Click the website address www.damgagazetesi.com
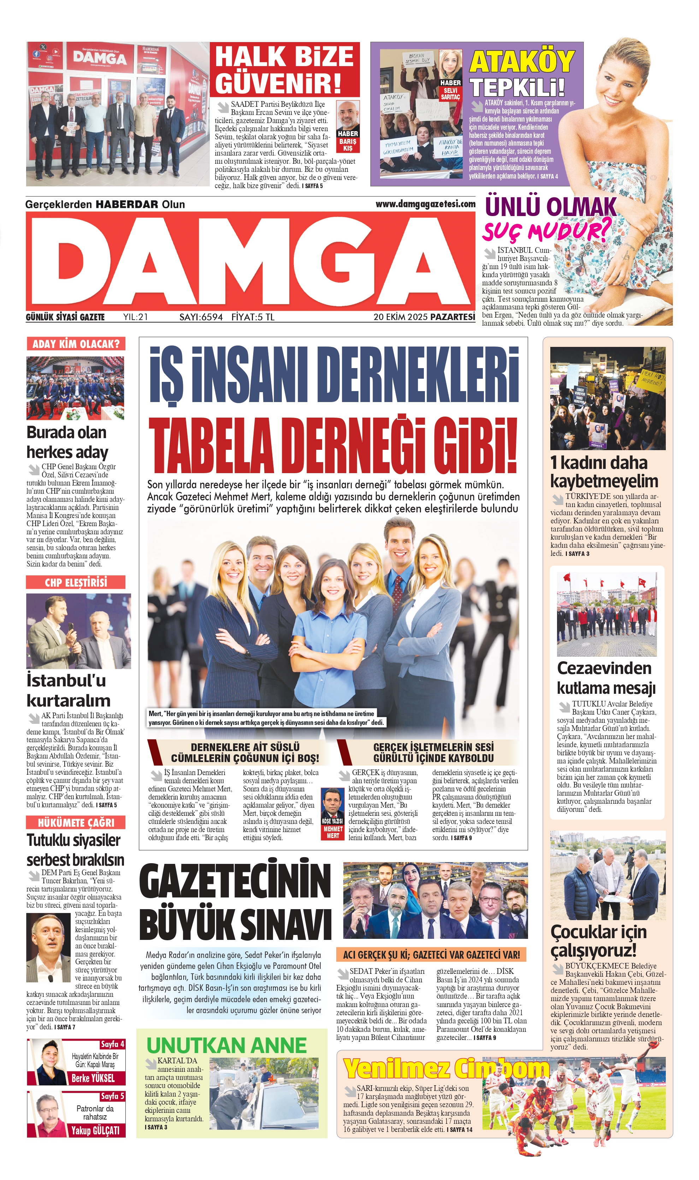tap(425, 204)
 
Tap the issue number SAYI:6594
tap(201, 317)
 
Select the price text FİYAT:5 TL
tap(253, 317)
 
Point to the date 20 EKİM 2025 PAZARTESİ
tap(424, 317)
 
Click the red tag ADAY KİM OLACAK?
tap(76, 344)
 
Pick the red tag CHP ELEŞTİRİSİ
tap(76, 582)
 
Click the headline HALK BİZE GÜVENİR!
tap(284, 70)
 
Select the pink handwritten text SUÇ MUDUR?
tap(546, 231)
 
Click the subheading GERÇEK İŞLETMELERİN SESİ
tap(433, 753)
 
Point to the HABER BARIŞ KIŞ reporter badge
tap(348, 126)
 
